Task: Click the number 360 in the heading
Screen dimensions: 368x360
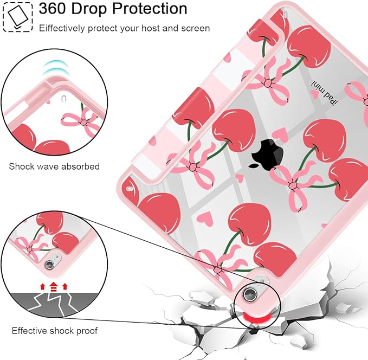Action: pyautogui.click(x=52, y=9)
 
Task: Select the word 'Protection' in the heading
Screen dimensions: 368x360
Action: pyautogui.click(x=150, y=9)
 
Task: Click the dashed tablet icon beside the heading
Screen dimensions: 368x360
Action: pyautogui.click(x=18, y=17)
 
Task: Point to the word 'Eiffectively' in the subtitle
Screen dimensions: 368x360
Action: pyautogui.click(x=62, y=28)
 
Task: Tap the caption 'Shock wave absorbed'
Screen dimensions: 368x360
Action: pyautogui.click(x=54, y=166)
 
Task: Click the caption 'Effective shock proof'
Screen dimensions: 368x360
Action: pyautogui.click(x=54, y=331)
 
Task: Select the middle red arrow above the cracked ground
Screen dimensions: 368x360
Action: pyautogui.click(x=54, y=287)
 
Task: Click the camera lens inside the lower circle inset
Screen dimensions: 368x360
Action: pyautogui.click(x=49, y=265)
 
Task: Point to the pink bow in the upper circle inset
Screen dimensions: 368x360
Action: pyautogui.click(x=82, y=122)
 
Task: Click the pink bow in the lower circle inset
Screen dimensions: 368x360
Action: pyautogui.click(x=30, y=248)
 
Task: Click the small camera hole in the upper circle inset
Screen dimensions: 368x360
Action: pyautogui.click(x=63, y=99)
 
